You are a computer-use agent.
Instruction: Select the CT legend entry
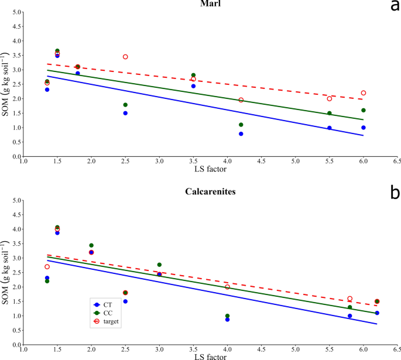click(105, 304)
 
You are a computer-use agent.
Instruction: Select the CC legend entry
click(105, 313)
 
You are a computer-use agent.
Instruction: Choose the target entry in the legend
click(108, 321)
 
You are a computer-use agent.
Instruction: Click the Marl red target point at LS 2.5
click(125, 57)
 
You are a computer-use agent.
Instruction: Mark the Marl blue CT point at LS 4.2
click(241, 134)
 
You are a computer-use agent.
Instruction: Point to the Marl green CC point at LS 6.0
click(364, 110)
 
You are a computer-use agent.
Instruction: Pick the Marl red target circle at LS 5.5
click(330, 99)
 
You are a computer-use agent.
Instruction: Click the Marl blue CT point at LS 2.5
click(125, 113)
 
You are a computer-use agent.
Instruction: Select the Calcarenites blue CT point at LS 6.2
click(377, 313)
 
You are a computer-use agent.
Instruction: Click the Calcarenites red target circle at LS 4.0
click(227, 287)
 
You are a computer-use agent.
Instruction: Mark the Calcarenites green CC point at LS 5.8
click(350, 307)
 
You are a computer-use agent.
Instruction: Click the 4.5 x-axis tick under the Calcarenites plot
click(261, 354)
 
